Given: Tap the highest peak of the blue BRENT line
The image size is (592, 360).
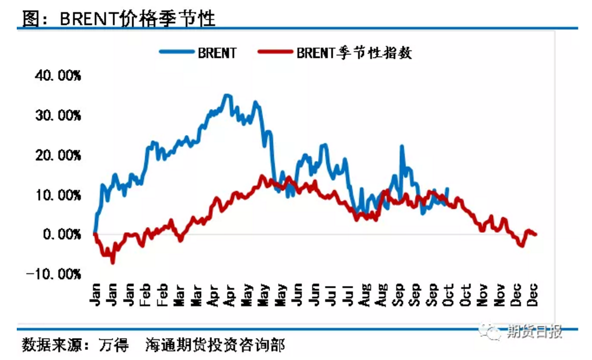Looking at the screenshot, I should coord(227,95).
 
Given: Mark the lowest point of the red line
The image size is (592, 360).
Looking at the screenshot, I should coord(113,262).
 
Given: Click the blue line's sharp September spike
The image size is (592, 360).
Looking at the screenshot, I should coord(401,147).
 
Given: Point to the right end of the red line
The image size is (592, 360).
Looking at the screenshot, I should coord(536,234).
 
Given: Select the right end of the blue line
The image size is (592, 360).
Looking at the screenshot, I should coord(448,189).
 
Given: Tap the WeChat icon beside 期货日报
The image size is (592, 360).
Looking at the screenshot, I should coord(494,332).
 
